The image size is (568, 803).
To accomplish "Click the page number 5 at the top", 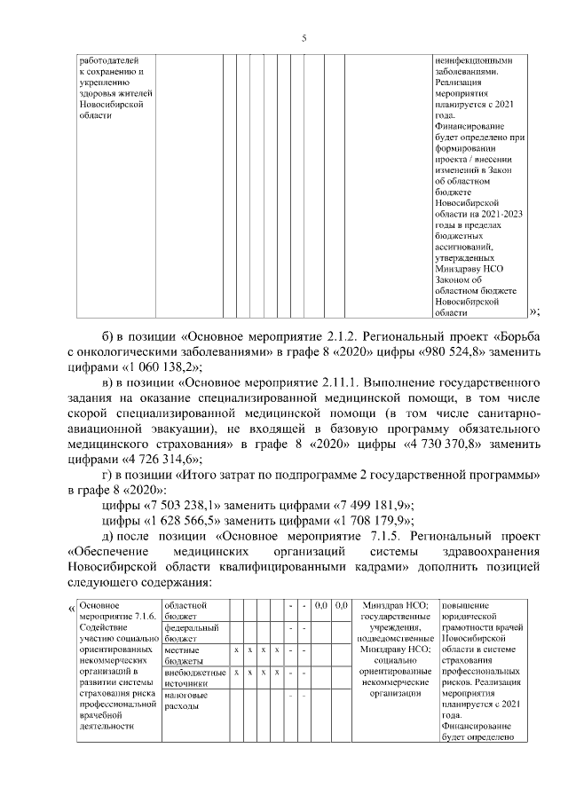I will click(304, 38).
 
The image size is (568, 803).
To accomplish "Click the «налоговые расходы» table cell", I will click(185, 701).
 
